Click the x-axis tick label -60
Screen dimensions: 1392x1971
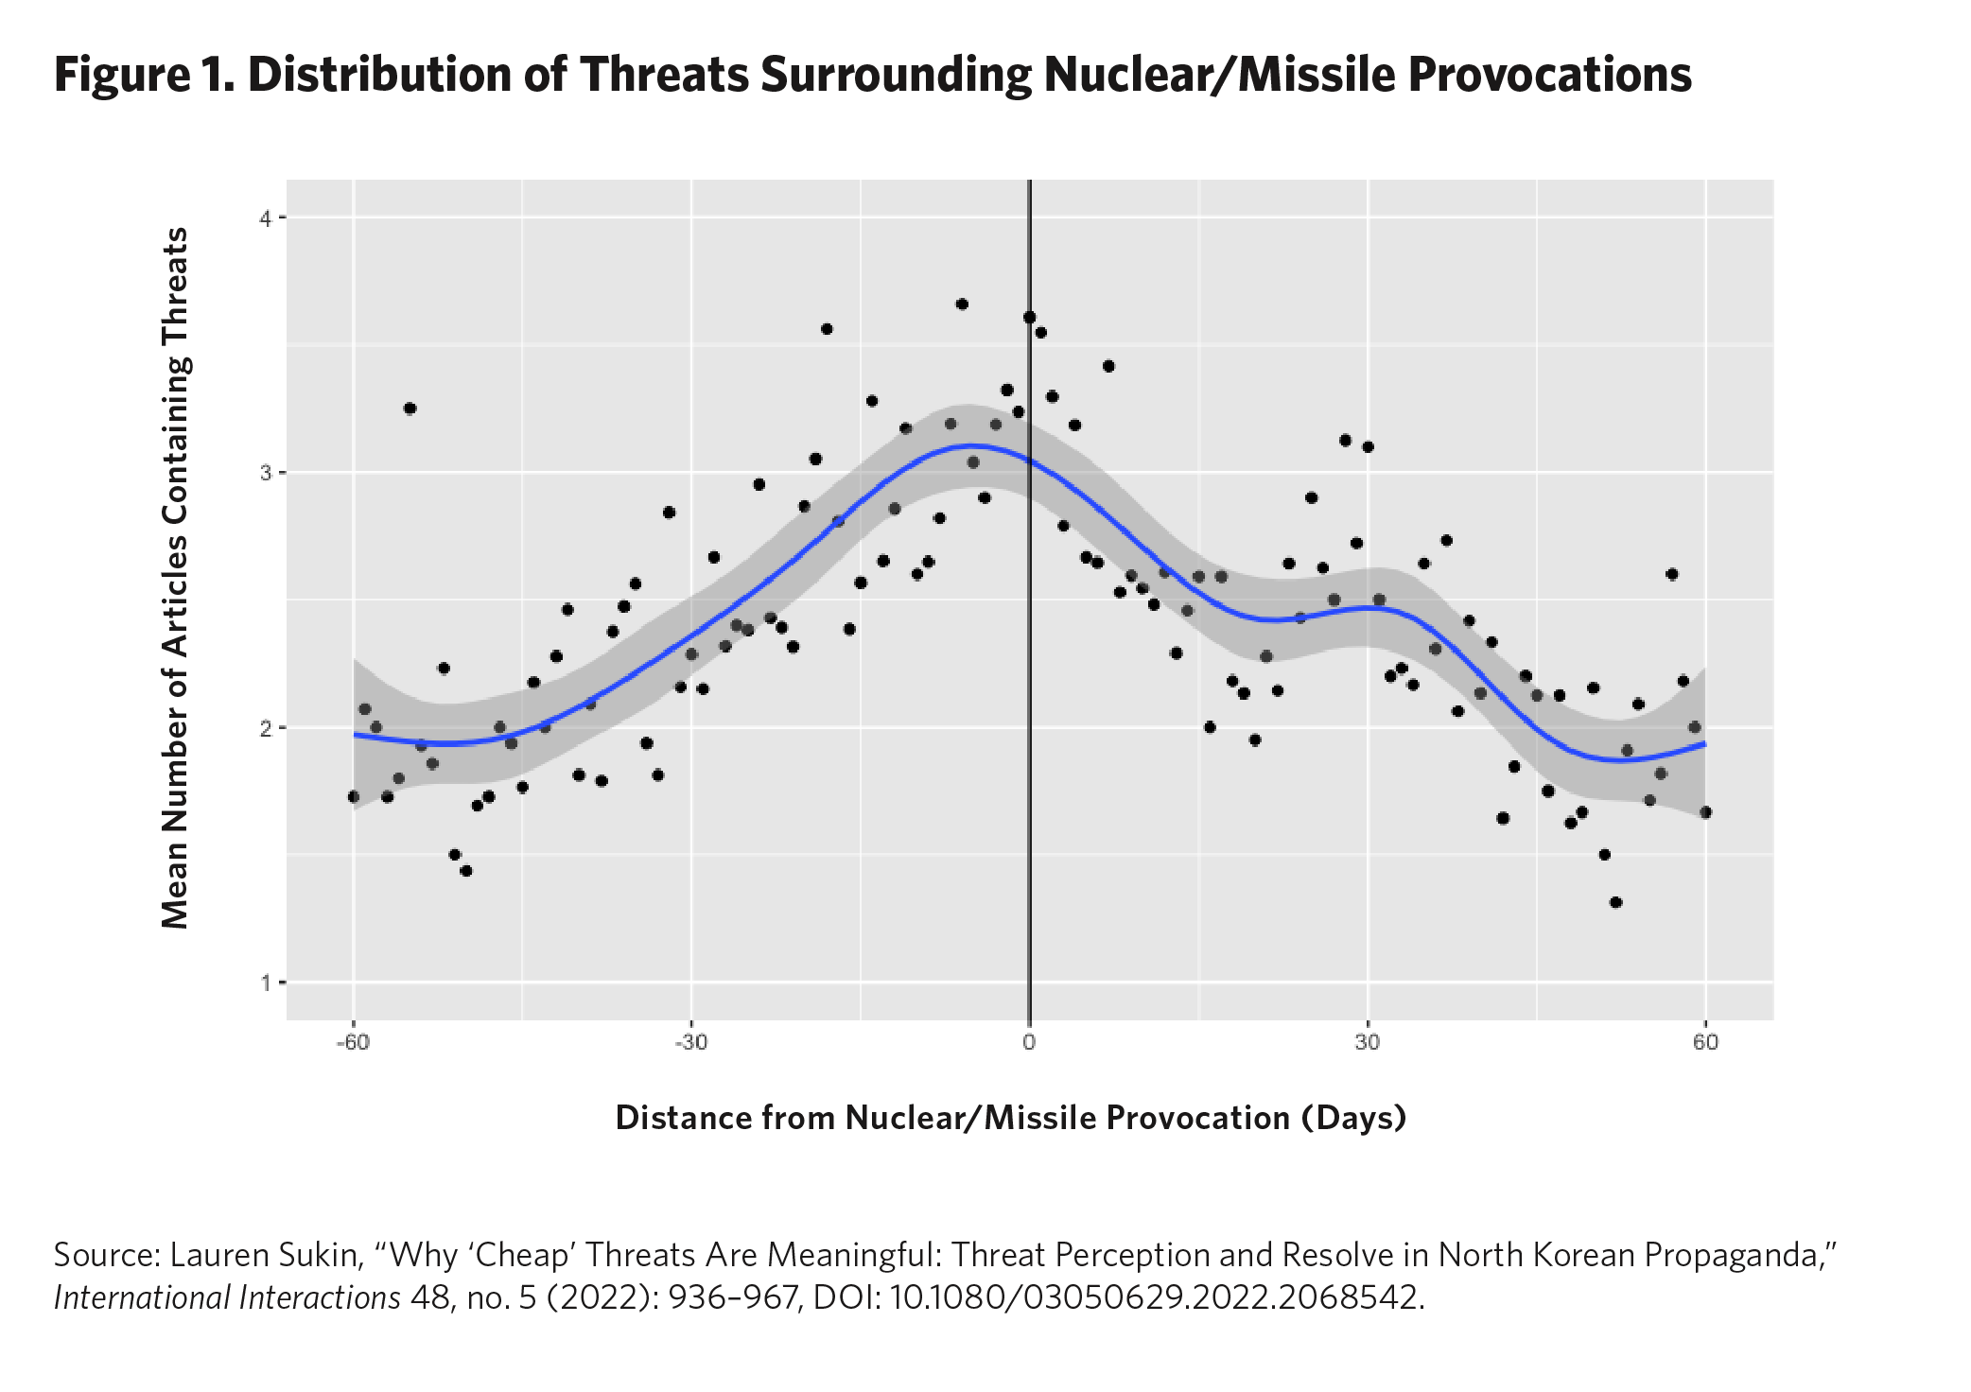[x=353, y=1043]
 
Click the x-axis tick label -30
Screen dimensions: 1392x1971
[x=690, y=1043]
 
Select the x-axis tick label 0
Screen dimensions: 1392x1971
[x=1029, y=1043]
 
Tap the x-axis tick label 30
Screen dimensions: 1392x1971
[x=1367, y=1043]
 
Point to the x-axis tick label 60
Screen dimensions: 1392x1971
[x=1705, y=1043]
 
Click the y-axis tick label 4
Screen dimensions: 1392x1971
[x=266, y=218]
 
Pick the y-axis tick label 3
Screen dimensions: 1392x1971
[x=266, y=473]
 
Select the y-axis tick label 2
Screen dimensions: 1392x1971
[x=266, y=728]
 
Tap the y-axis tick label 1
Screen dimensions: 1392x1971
[x=266, y=983]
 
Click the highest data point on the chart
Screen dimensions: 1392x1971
[x=962, y=304]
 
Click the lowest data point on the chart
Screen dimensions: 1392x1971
[x=1615, y=902]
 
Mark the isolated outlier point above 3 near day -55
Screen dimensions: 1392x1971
[x=410, y=409]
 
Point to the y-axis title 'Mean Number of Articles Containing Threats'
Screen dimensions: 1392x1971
[x=176, y=578]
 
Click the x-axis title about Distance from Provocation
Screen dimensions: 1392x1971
[x=1010, y=1118]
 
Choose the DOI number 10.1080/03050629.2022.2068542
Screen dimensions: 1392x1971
[x=1156, y=1297]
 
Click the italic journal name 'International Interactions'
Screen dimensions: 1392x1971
[x=227, y=1297]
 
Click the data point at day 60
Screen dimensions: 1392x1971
[x=1705, y=812]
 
